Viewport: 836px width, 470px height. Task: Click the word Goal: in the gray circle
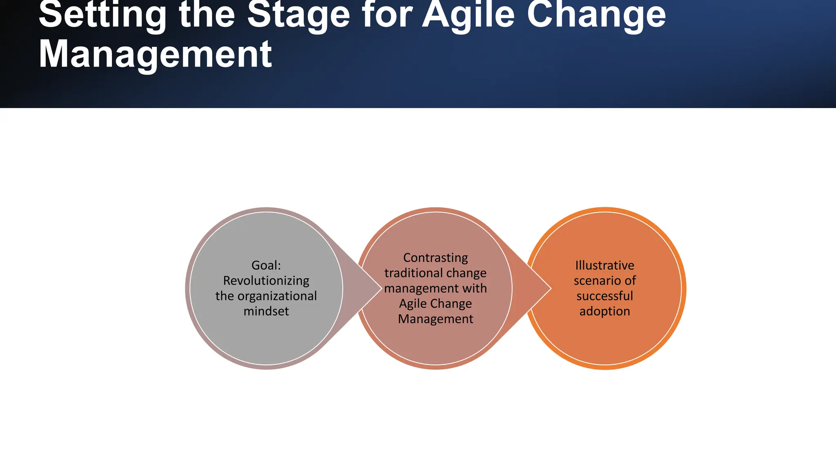tap(266, 265)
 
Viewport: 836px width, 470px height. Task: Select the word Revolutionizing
tap(266, 281)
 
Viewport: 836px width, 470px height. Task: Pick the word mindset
tap(266, 311)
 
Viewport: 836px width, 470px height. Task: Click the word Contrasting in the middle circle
tap(436, 258)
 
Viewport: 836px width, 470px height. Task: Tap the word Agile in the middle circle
tap(413, 304)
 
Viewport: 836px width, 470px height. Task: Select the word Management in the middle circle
tap(436, 319)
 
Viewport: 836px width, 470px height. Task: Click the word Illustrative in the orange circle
tap(605, 265)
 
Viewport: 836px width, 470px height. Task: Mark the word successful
tap(605, 296)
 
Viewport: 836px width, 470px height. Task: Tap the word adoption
tap(605, 311)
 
